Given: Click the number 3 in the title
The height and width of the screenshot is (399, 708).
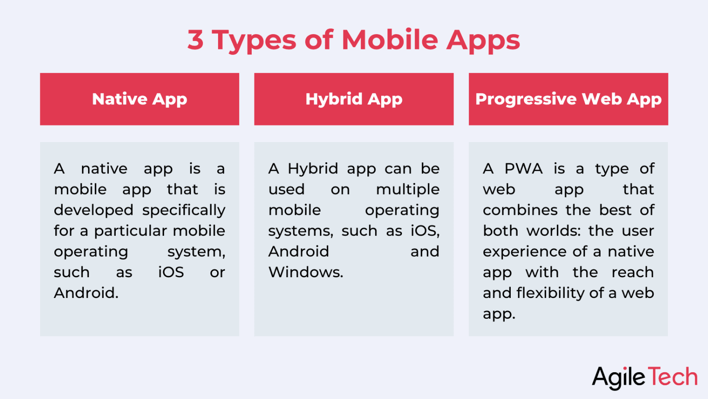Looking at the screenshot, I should [195, 40].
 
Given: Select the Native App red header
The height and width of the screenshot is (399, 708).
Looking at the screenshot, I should [139, 99].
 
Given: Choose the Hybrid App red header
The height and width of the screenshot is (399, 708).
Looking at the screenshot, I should [354, 99].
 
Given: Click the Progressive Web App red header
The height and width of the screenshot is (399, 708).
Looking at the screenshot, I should [568, 99].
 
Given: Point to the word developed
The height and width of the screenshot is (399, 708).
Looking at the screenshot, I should [94, 210].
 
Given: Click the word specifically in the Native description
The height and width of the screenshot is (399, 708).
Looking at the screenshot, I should [183, 211].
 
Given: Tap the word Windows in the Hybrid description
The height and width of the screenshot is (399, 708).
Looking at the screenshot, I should [305, 272].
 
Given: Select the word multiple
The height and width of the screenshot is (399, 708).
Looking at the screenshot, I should [407, 190].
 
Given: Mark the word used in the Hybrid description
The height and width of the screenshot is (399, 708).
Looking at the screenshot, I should [286, 190].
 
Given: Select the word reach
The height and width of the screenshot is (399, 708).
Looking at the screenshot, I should [632, 272].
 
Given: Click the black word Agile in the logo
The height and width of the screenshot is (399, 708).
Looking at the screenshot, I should [619, 378].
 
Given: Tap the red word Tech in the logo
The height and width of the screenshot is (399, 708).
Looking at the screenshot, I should [673, 377].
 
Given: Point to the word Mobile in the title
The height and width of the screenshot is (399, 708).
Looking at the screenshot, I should [390, 40].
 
